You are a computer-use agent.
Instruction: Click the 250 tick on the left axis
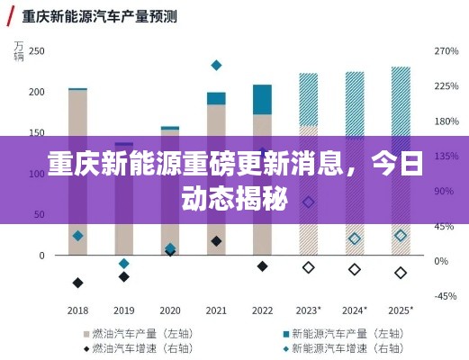[x=36, y=51]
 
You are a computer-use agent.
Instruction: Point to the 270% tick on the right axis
[x=446, y=51]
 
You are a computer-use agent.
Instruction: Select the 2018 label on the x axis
[x=77, y=310]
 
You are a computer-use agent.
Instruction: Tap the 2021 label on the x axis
[x=216, y=310]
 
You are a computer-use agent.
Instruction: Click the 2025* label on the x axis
[x=401, y=310]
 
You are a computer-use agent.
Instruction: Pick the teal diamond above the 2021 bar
[x=216, y=65]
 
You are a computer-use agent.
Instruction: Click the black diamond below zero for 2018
[x=77, y=283]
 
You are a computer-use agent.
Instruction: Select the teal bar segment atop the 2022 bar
[x=262, y=99]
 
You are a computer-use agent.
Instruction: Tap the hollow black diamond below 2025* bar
[x=401, y=273]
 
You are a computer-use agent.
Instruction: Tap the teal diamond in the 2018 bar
[x=77, y=236]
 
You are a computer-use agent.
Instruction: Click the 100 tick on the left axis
[x=36, y=174]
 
